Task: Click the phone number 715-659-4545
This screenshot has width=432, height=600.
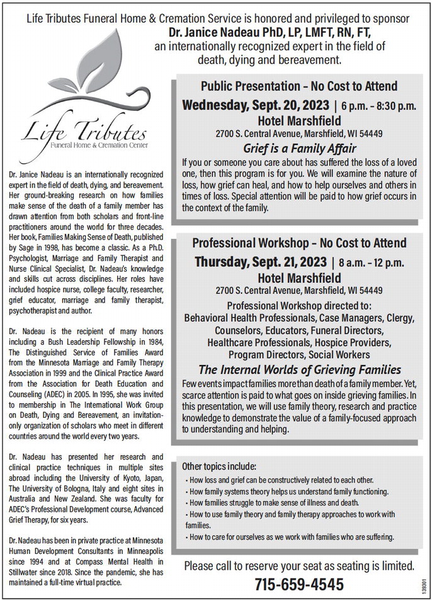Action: click(x=299, y=583)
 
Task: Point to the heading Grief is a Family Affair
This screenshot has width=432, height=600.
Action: click(x=299, y=149)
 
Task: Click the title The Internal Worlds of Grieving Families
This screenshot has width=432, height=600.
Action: click(x=299, y=370)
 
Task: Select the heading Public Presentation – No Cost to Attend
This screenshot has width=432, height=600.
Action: click(x=299, y=86)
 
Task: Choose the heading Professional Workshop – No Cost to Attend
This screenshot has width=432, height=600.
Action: click(x=299, y=243)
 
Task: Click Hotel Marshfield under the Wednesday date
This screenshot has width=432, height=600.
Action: click(x=299, y=120)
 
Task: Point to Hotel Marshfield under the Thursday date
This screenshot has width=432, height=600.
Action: click(x=299, y=277)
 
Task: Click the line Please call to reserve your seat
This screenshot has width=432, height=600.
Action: click(x=299, y=565)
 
